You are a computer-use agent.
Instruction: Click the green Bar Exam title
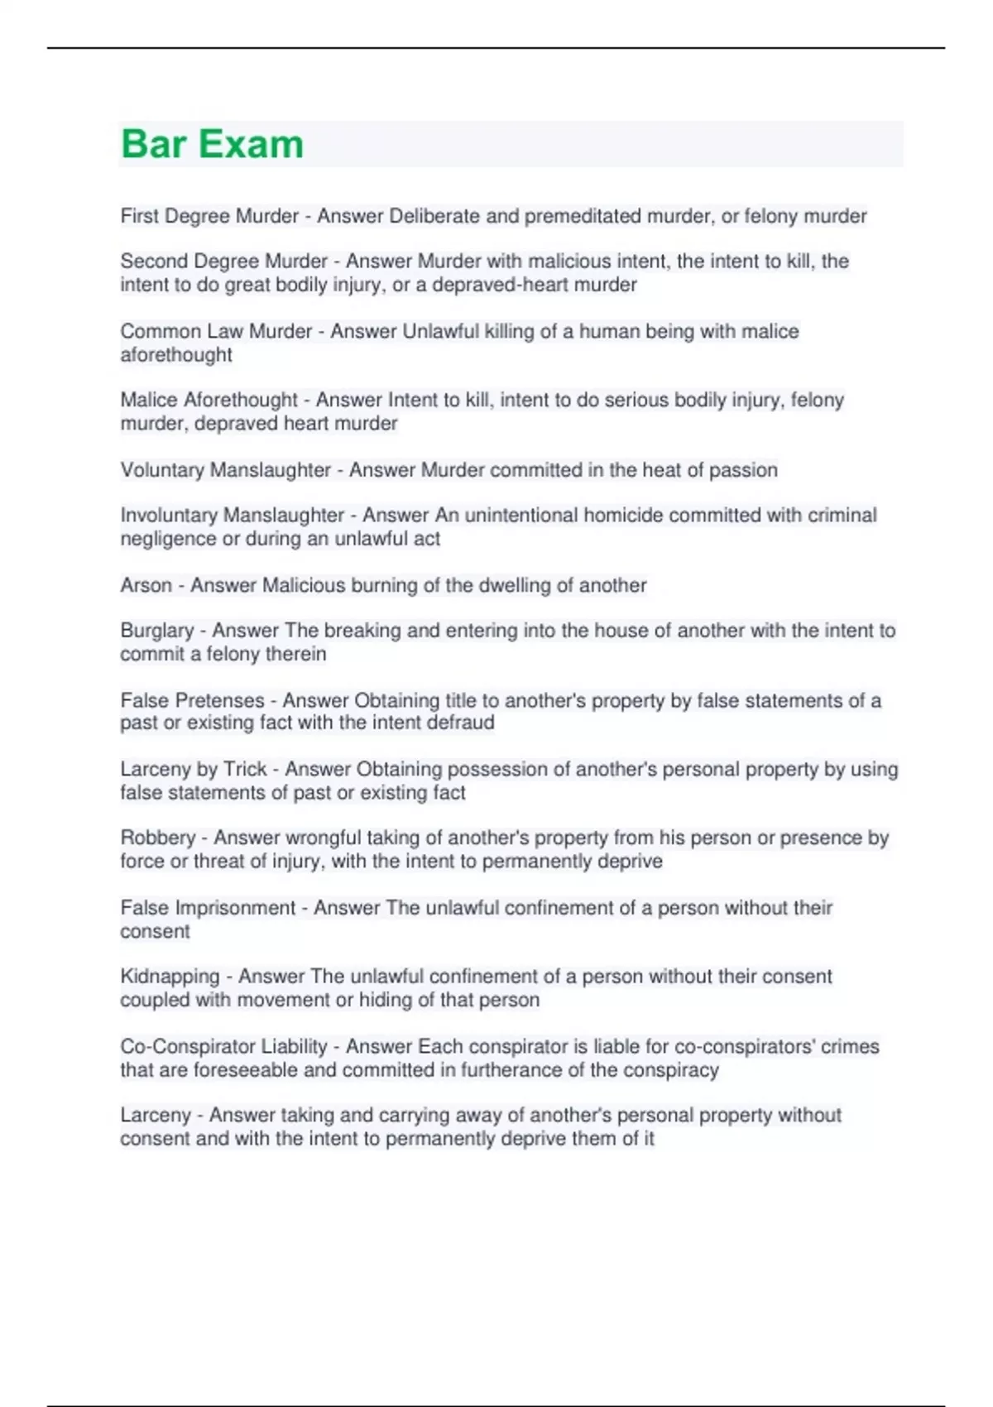(212, 144)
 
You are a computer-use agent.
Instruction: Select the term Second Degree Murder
(224, 262)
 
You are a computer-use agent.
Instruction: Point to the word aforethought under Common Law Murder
(176, 355)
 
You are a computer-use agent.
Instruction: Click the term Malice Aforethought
(209, 400)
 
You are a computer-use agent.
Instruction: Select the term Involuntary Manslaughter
(232, 515)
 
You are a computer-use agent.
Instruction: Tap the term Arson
(146, 585)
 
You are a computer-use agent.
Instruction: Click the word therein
(297, 654)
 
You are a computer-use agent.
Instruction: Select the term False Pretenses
(192, 700)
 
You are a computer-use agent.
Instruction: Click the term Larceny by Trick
(194, 769)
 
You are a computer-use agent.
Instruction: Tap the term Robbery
(157, 838)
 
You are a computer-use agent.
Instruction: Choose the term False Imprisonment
(208, 908)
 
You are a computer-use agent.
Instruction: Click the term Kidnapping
(170, 977)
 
